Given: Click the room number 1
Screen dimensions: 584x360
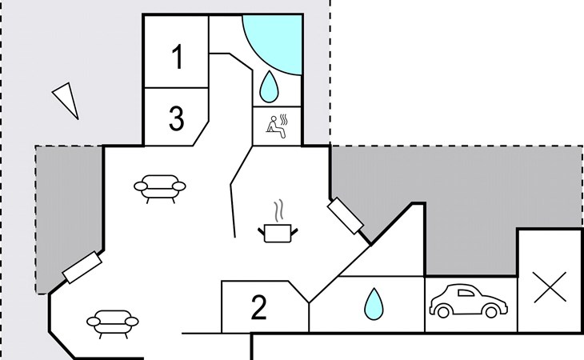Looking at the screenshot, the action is pyautogui.click(x=178, y=57).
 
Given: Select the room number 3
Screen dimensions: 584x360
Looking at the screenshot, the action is pyautogui.click(x=177, y=118).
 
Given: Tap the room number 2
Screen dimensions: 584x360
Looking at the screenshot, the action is pyautogui.click(x=259, y=307).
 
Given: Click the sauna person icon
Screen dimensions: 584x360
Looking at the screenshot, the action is pyautogui.click(x=274, y=126).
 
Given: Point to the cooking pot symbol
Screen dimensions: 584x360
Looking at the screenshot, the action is pyautogui.click(x=278, y=233).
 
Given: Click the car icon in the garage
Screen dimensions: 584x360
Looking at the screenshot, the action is pyautogui.click(x=469, y=301).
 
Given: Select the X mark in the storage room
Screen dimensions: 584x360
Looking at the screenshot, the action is pyautogui.click(x=550, y=287).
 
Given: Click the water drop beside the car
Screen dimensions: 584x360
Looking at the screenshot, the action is pyautogui.click(x=374, y=304).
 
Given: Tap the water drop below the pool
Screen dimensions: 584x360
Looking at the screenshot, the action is pyautogui.click(x=268, y=86).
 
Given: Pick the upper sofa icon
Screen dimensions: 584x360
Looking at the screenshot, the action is pyautogui.click(x=160, y=188).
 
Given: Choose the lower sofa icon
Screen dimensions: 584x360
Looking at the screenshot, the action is pyautogui.click(x=113, y=324).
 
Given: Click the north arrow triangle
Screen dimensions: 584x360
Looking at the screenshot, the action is pyautogui.click(x=67, y=100).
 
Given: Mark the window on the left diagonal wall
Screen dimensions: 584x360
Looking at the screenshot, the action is pyautogui.click(x=82, y=267).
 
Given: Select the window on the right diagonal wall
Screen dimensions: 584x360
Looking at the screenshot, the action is pyautogui.click(x=346, y=216).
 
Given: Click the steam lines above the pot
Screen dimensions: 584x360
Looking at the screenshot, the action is pyautogui.click(x=279, y=210).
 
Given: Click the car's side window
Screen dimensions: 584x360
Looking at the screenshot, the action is pyautogui.click(x=466, y=294).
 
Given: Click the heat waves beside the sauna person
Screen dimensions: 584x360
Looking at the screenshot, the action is pyautogui.click(x=284, y=120).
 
